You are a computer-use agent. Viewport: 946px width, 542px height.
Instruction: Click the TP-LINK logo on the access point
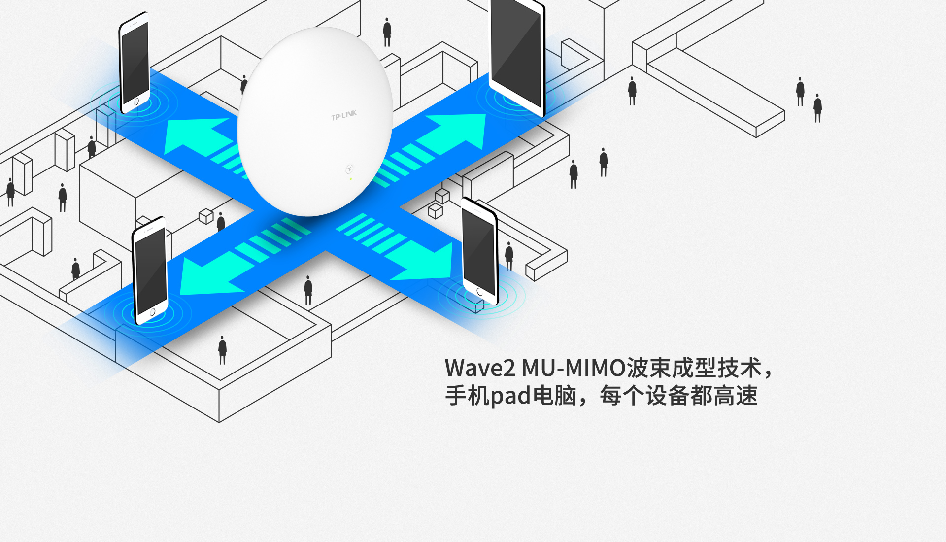pyautogui.click(x=344, y=115)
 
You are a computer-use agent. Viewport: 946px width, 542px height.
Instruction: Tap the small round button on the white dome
pyautogui.click(x=349, y=169)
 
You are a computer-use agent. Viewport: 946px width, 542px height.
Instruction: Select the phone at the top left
pyautogui.click(x=134, y=62)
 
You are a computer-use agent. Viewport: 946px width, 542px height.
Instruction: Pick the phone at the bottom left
pyautogui.click(x=150, y=270)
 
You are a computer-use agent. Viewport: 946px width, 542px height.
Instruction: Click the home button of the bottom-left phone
pyautogui.click(x=152, y=312)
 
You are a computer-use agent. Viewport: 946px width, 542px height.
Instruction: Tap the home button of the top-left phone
pyautogui.click(x=136, y=102)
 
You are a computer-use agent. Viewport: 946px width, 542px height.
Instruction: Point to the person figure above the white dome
pyautogui.click(x=387, y=32)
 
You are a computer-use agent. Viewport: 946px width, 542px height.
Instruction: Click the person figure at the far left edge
pyautogui.click(x=10, y=192)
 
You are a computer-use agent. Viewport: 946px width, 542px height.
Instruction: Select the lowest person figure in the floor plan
pyautogui.click(x=222, y=350)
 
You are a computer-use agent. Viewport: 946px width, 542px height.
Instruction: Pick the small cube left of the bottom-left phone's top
pyautogui.click(x=206, y=216)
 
